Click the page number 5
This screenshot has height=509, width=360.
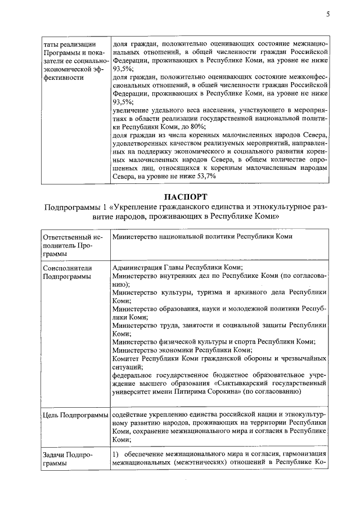(x=327, y=15)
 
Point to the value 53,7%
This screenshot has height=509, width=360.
(x=204, y=177)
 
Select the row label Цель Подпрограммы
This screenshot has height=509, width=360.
(x=75, y=415)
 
